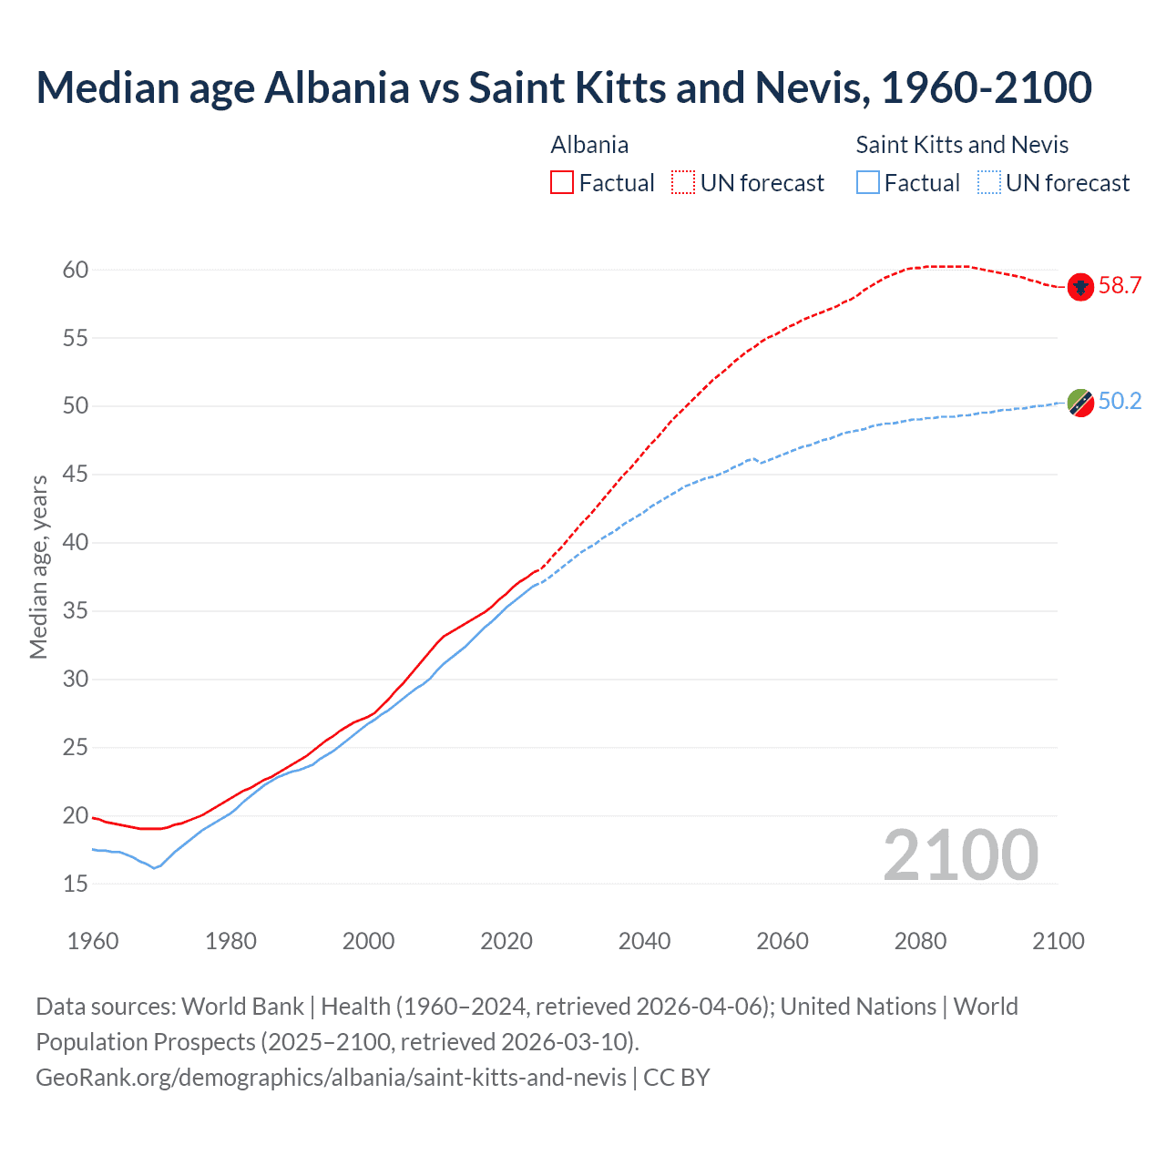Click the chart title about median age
pos(563,87)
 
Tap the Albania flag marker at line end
pos(1080,287)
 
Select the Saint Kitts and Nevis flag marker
pos(1080,403)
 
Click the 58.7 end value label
pos(1120,286)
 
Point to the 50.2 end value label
pos(1120,402)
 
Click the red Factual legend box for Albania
pos(562,183)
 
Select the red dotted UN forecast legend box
pos(683,183)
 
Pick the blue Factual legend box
pos(868,183)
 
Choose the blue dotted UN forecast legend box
pos(989,183)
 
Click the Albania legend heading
pos(589,145)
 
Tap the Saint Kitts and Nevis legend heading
pos(962,145)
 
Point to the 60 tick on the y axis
pos(76,270)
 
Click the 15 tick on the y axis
pos(76,884)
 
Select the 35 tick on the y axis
pos(76,610)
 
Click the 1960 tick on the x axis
pos(93,941)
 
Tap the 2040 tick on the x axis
pos(644,941)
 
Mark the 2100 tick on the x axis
pos(1059,941)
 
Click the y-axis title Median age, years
pos(38,567)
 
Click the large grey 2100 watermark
pos(960,855)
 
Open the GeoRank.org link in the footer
pos(331,1078)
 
